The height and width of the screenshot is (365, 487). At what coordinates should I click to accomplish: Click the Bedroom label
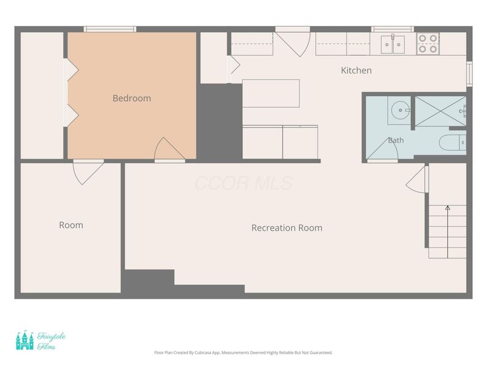pyautogui.click(x=131, y=99)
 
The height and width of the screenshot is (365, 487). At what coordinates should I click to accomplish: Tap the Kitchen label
pyautogui.click(x=356, y=71)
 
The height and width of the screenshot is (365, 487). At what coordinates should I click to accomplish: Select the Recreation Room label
pyautogui.click(x=287, y=228)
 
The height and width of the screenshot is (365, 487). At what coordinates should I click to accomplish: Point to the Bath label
pyautogui.click(x=396, y=141)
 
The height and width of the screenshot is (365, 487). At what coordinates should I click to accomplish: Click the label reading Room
pyautogui.click(x=71, y=225)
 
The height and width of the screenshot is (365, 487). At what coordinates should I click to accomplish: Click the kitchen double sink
pyautogui.click(x=393, y=44)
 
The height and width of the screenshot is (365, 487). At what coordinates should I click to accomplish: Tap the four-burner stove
pyautogui.click(x=428, y=43)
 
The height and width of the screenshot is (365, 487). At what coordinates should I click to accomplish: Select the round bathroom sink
pyautogui.click(x=401, y=110)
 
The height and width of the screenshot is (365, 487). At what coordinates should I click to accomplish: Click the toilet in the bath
pyautogui.click(x=452, y=143)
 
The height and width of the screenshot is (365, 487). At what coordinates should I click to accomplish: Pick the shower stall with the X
pyautogui.click(x=440, y=111)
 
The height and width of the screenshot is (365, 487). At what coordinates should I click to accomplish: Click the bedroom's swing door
pyautogui.click(x=170, y=150)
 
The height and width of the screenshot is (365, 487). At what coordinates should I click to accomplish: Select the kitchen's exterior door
pyautogui.click(x=293, y=42)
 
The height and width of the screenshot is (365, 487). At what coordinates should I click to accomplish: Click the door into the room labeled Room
pyautogui.click(x=88, y=172)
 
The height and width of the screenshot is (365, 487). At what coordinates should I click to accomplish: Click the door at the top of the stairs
pyautogui.click(x=417, y=179)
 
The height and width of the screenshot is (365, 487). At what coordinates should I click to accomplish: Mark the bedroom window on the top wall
pyautogui.click(x=110, y=29)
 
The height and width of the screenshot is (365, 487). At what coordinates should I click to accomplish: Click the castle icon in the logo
pyautogui.click(x=25, y=340)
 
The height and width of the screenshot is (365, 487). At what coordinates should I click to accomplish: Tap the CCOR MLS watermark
pyautogui.click(x=244, y=183)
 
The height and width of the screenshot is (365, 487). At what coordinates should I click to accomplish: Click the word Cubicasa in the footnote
pyautogui.click(x=203, y=353)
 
